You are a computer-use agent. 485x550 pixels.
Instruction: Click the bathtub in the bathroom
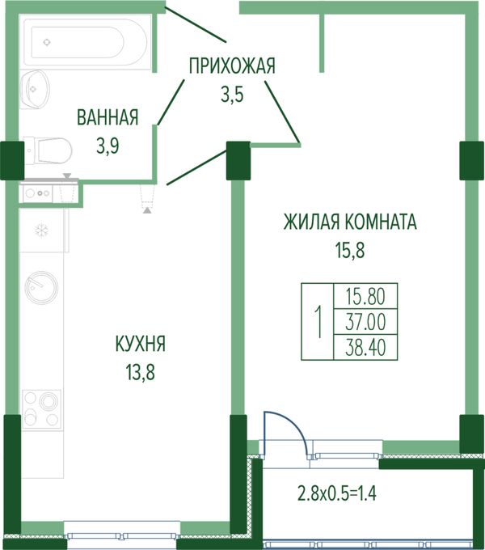[86, 42]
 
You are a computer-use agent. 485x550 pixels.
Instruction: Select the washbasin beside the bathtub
[35, 90]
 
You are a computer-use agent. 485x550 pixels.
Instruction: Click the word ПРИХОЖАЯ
[232, 66]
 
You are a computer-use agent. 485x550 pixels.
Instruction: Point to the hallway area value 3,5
[232, 94]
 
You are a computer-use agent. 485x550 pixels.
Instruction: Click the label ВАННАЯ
[108, 117]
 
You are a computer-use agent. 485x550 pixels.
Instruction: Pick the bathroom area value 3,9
[108, 146]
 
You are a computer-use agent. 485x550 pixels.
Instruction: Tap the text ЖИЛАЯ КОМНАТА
[350, 222]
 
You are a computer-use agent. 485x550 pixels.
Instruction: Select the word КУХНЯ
[140, 344]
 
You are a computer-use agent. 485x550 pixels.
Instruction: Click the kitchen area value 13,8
[140, 372]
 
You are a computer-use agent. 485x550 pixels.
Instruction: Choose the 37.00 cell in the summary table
[365, 322]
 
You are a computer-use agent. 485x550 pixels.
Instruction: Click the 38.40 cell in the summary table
[365, 347]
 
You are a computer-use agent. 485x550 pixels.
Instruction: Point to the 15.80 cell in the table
[365, 296]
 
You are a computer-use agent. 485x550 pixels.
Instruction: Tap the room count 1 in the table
[318, 322]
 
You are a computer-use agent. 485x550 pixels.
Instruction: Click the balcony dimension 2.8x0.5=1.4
[337, 493]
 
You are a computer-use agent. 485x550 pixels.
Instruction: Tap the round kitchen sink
[41, 288]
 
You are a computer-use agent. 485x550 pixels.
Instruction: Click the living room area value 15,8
[350, 251]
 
